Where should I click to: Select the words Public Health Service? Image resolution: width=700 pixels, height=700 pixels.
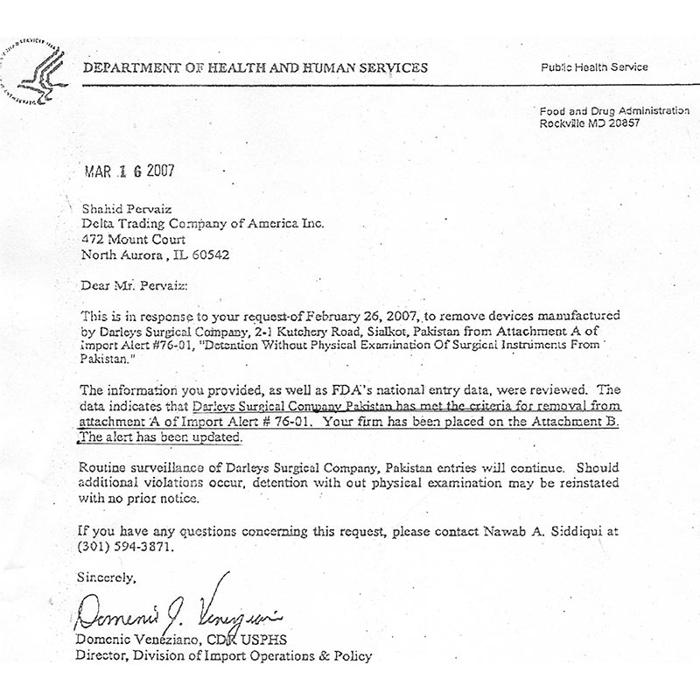point(595,67)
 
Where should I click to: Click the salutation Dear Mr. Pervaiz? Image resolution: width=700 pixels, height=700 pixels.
point(132,284)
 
